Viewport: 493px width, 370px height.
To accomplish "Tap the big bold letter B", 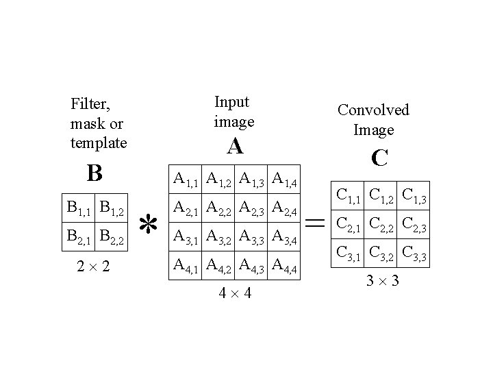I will coord(94,173).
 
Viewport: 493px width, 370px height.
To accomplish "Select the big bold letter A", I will coord(235,146).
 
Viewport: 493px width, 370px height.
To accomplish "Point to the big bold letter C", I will coord(379,158).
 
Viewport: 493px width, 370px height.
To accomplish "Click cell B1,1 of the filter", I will coord(77,206).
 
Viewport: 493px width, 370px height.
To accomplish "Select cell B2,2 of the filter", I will coord(111,238).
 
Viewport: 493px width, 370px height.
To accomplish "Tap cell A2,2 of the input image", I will coord(220,208).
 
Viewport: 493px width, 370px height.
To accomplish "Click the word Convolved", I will coord(373,110).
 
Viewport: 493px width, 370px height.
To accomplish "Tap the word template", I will coord(99,143).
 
